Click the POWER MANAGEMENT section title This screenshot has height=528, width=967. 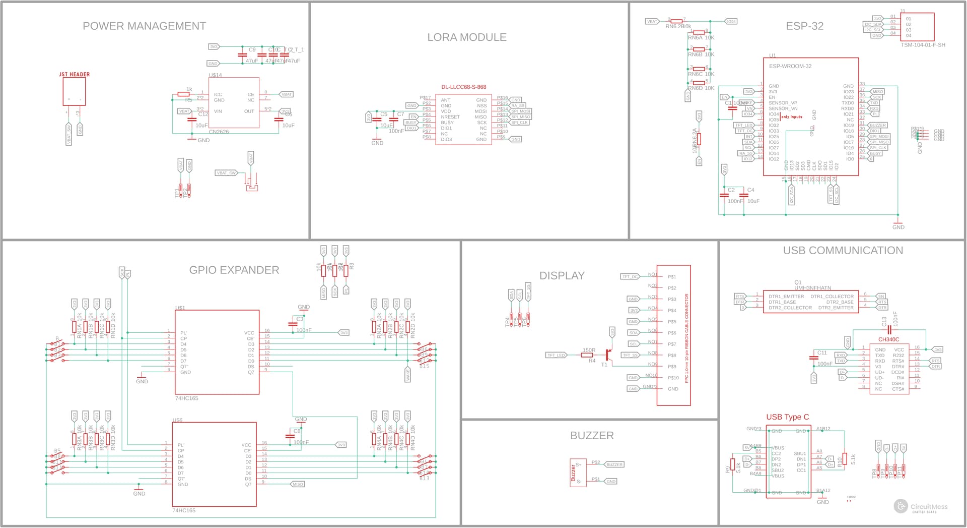point(144,26)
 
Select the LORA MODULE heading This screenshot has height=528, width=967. point(467,37)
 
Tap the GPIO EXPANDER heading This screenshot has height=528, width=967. point(234,270)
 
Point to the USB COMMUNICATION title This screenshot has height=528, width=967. point(843,251)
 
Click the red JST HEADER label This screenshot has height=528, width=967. point(75,75)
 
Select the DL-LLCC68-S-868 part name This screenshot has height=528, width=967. point(463,87)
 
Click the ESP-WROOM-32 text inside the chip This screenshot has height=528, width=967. point(790,67)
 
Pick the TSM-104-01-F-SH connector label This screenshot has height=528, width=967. point(923,45)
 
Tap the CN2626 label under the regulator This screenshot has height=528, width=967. point(219,132)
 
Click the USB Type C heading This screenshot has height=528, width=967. point(787,417)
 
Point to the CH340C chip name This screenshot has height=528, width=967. point(888,340)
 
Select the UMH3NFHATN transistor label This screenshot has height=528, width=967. point(812,288)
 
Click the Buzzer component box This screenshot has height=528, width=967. point(578,473)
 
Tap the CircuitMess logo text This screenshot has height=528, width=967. point(928,507)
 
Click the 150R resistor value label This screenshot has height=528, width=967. point(589,350)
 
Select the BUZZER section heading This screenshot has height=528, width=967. point(592,436)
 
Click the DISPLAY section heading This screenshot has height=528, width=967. point(562,276)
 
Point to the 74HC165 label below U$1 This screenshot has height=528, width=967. point(186,398)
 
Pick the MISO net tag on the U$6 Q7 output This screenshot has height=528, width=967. point(298,484)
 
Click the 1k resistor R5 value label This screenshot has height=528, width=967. point(189,89)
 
